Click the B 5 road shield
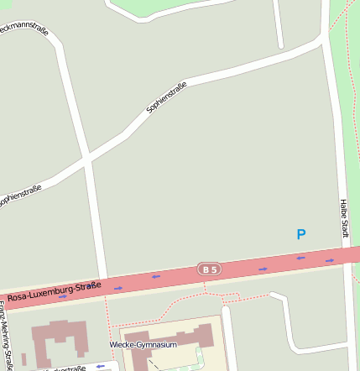[x=210, y=269]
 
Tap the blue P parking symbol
[x=301, y=235]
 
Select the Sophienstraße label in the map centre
[x=165, y=97]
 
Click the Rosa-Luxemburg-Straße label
[x=55, y=291]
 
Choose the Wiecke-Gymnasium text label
[x=143, y=345]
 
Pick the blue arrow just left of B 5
[x=156, y=276]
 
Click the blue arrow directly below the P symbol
[x=301, y=258]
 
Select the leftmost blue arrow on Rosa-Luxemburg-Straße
[x=63, y=296]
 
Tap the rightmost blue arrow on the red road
[x=330, y=260]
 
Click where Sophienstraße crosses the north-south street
[x=86, y=158]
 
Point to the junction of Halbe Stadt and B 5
[x=348, y=254]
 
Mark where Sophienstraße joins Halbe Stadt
[x=324, y=39]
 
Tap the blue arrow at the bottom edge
[x=100, y=366]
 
